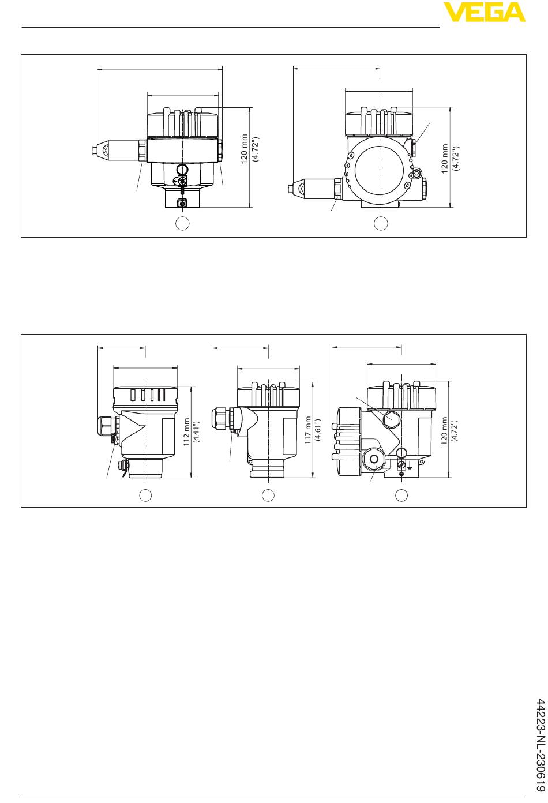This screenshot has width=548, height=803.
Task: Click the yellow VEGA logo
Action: point(484,12)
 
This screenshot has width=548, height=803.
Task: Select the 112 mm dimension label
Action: point(186,432)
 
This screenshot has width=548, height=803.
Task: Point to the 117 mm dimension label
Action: point(308,430)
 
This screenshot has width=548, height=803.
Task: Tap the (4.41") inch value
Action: point(196,432)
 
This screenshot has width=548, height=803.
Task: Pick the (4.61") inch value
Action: point(317,430)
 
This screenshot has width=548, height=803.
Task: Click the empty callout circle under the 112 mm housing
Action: point(145,495)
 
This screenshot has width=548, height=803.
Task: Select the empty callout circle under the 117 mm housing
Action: point(268,495)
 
